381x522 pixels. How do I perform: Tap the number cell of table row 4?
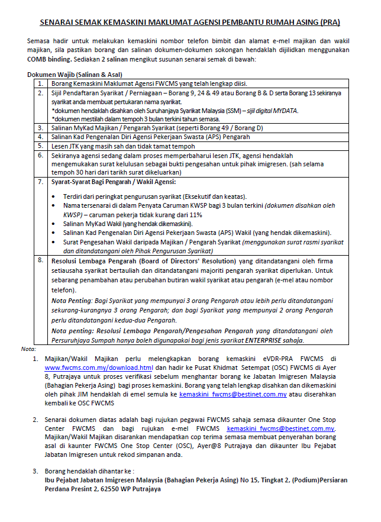[40, 136]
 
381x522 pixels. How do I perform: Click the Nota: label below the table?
[28, 349]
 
